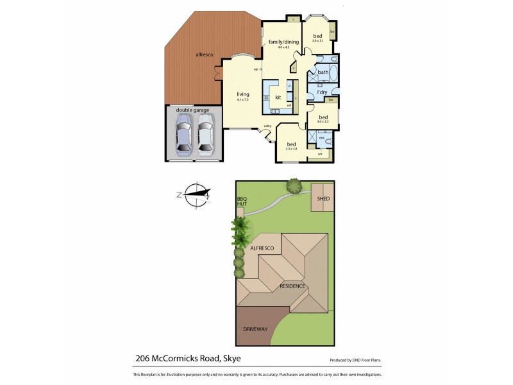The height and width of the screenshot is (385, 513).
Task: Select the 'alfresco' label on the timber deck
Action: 205,55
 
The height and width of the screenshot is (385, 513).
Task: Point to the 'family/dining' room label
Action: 283,42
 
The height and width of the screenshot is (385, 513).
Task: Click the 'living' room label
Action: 242,94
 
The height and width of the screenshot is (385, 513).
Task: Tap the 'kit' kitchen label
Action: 278,97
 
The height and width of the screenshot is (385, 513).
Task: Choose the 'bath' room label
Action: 323,72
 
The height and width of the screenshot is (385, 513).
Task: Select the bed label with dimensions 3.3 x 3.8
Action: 292,144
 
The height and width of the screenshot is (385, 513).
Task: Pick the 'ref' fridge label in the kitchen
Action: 289,105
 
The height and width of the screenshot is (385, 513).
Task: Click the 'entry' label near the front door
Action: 267,126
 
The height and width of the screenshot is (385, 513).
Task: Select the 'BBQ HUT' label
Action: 242,201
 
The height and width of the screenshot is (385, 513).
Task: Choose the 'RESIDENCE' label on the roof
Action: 291,286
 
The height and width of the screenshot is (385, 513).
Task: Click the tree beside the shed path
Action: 294,187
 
